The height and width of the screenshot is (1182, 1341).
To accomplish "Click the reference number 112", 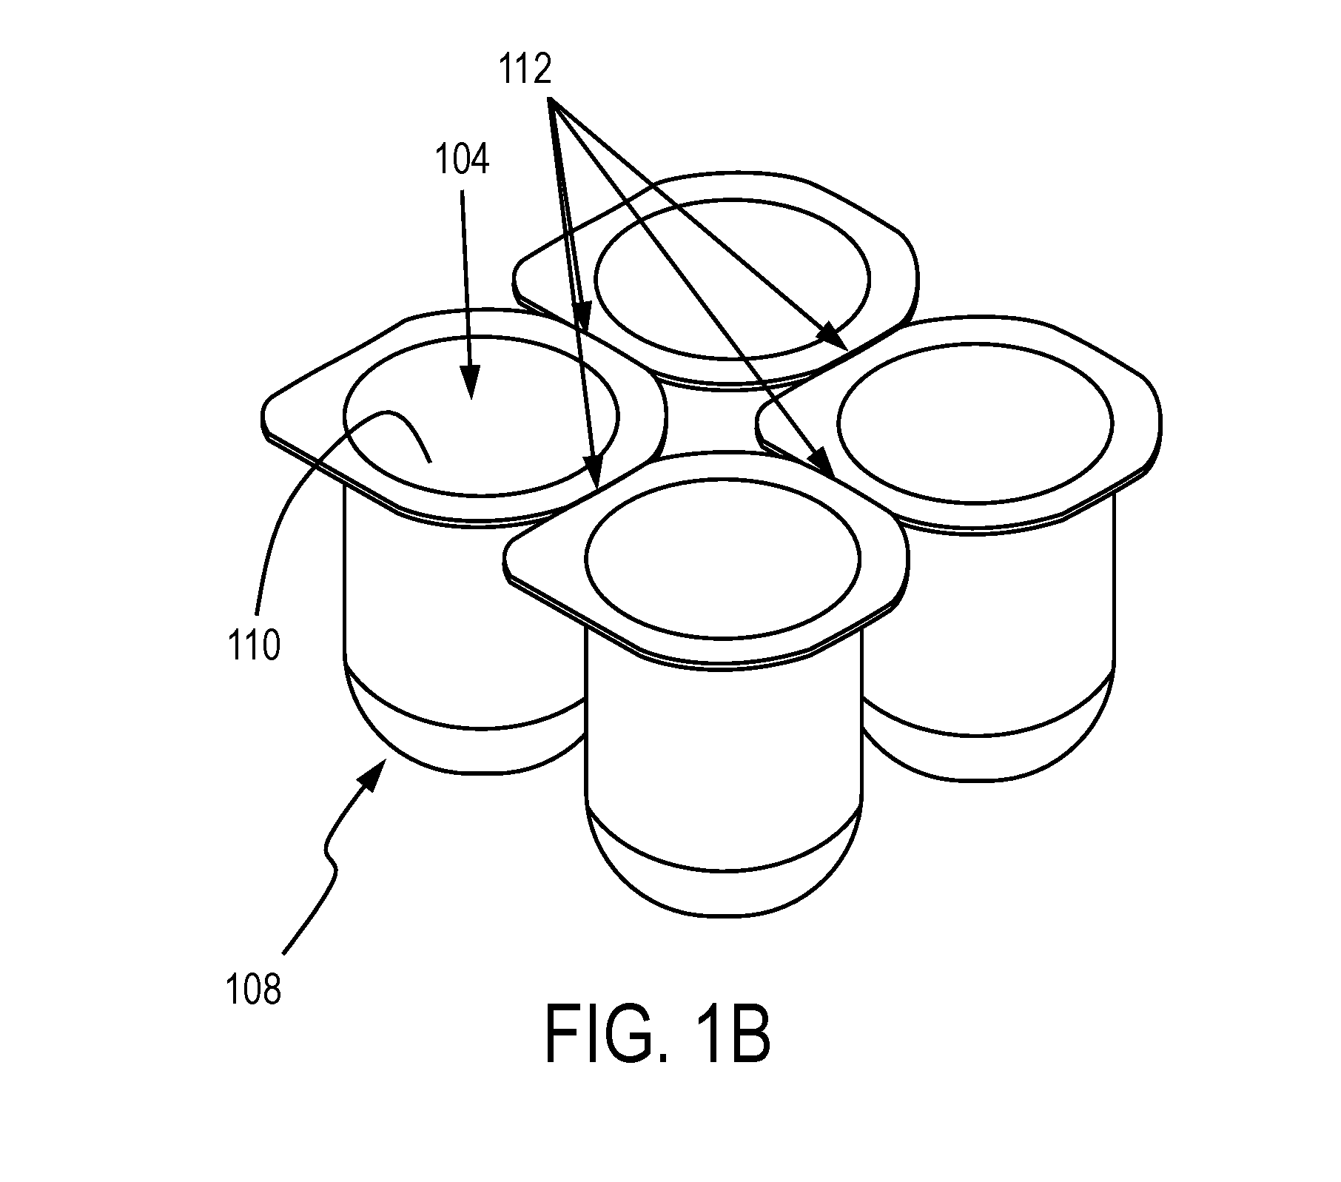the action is point(525,70).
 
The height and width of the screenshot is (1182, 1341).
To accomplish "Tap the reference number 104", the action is point(462,160).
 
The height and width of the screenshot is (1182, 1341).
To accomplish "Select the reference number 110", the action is point(254,645).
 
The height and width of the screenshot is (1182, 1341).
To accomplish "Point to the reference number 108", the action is point(254,990).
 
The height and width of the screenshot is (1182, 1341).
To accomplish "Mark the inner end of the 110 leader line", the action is point(430,463).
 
